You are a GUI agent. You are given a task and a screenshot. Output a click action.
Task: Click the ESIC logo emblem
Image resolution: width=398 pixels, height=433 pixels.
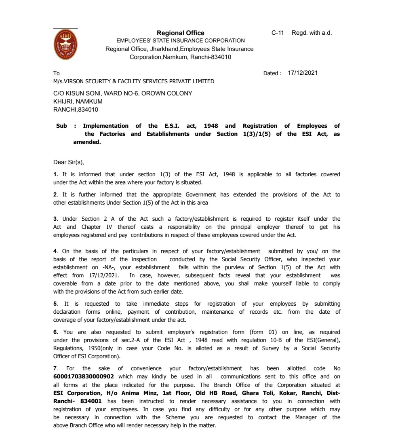point(65,45)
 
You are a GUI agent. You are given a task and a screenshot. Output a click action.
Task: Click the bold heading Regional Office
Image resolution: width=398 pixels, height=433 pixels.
point(180,33)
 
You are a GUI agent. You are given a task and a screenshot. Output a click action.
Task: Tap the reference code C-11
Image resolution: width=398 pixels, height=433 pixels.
point(278,33)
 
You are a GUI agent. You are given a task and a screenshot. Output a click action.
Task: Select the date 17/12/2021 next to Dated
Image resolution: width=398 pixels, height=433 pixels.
point(303,73)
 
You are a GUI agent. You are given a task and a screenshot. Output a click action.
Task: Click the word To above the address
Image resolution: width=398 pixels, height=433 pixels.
point(56,74)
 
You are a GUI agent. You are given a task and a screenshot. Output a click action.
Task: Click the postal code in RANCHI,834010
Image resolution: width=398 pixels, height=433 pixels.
point(86,109)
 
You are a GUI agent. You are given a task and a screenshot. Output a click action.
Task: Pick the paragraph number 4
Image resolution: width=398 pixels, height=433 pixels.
point(55,251)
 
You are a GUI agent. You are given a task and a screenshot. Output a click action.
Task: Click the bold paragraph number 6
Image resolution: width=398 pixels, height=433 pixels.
point(55,332)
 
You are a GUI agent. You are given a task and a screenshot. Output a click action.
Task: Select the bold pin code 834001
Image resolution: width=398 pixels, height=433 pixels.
point(90,401)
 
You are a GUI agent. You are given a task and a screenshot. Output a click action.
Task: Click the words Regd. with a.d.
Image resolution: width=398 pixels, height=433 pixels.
point(312,33)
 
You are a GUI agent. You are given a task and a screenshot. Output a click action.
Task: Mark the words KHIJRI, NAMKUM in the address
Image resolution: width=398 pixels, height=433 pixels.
point(78,101)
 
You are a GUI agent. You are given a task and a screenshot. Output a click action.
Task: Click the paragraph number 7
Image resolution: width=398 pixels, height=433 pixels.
point(55,368)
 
